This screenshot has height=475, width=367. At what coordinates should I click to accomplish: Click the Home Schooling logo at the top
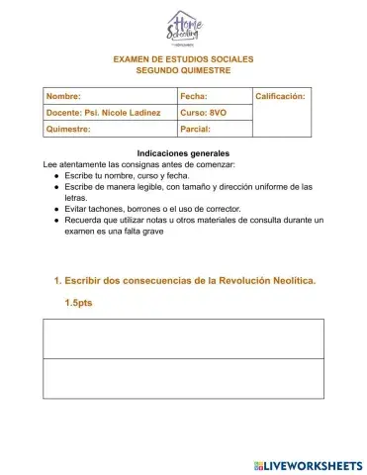click(x=183, y=29)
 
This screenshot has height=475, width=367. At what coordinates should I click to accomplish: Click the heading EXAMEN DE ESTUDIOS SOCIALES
click(x=183, y=59)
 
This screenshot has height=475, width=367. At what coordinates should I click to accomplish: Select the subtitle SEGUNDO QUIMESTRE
click(x=183, y=71)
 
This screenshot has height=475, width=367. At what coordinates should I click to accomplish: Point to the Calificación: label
click(x=281, y=96)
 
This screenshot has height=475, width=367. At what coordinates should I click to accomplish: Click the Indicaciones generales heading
click(x=183, y=153)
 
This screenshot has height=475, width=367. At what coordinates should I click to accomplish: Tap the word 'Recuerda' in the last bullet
click(x=85, y=221)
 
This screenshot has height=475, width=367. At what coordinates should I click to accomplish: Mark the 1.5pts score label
click(x=78, y=303)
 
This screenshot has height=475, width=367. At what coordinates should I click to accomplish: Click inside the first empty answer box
click(x=183, y=338)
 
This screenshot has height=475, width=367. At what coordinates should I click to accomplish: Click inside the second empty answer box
click(x=183, y=378)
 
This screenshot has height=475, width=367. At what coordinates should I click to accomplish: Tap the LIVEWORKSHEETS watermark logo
click(x=308, y=464)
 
